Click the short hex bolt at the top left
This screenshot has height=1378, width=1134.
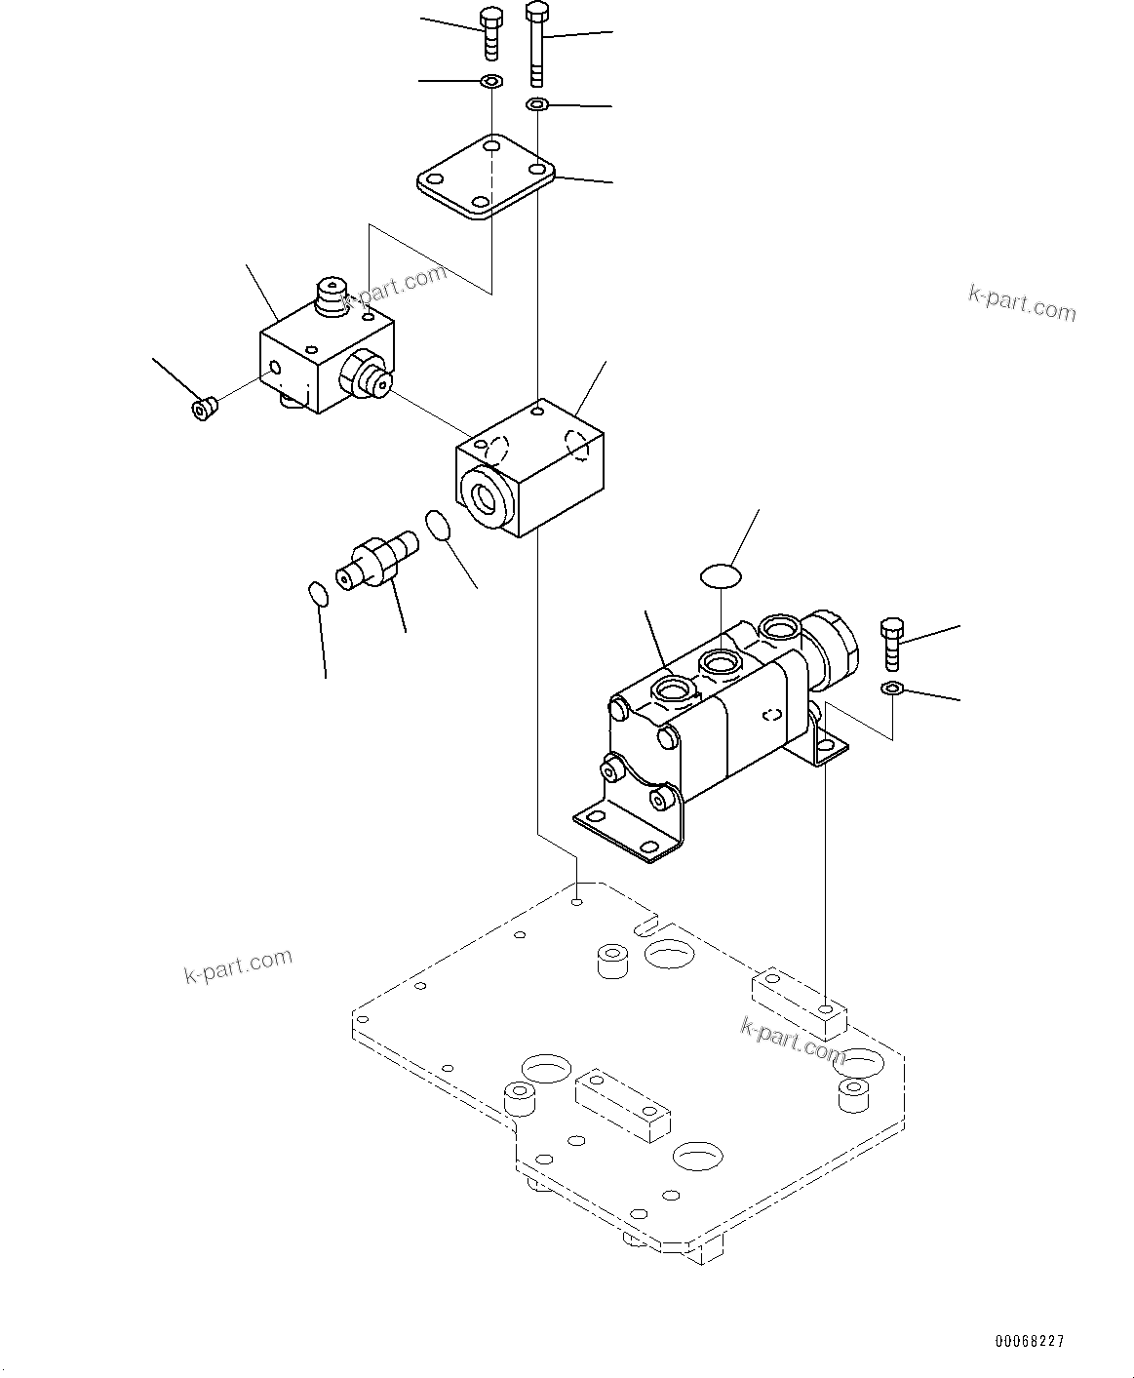point(489,33)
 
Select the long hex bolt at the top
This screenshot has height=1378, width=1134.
point(536,43)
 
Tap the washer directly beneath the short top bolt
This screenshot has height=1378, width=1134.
point(491,80)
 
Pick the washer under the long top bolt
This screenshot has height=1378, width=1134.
point(537,104)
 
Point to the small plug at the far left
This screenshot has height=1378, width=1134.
point(203,409)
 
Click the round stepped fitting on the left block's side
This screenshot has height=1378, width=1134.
point(369,377)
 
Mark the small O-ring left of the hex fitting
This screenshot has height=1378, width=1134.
point(316,593)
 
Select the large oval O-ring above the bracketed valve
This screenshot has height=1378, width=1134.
point(721,575)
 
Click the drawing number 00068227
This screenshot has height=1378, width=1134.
point(1030,1341)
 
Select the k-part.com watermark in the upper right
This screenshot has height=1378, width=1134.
point(1022,303)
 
